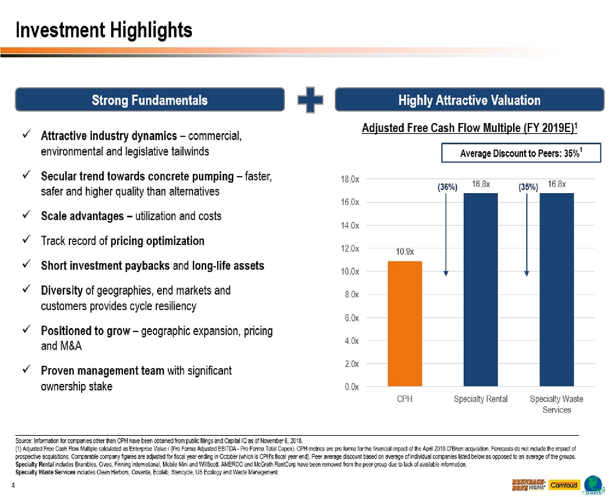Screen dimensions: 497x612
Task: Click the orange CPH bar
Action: coord(404,324)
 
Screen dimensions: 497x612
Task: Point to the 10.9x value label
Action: coord(404,252)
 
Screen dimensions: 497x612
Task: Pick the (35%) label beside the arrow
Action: coord(528,187)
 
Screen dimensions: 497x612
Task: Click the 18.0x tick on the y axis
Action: coord(351,179)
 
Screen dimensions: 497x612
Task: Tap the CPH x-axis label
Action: coord(404,399)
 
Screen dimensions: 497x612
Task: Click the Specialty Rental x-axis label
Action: coord(480,399)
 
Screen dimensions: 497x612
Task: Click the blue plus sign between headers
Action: coord(310,100)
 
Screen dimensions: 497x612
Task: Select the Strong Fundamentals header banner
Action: coord(149,100)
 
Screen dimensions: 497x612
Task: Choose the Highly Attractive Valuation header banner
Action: coord(469,100)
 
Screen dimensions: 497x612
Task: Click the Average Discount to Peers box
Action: coord(521,153)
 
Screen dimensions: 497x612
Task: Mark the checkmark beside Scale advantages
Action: coord(26,216)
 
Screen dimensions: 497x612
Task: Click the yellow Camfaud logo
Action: coord(564,485)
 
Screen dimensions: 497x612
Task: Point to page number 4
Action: coord(12,485)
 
